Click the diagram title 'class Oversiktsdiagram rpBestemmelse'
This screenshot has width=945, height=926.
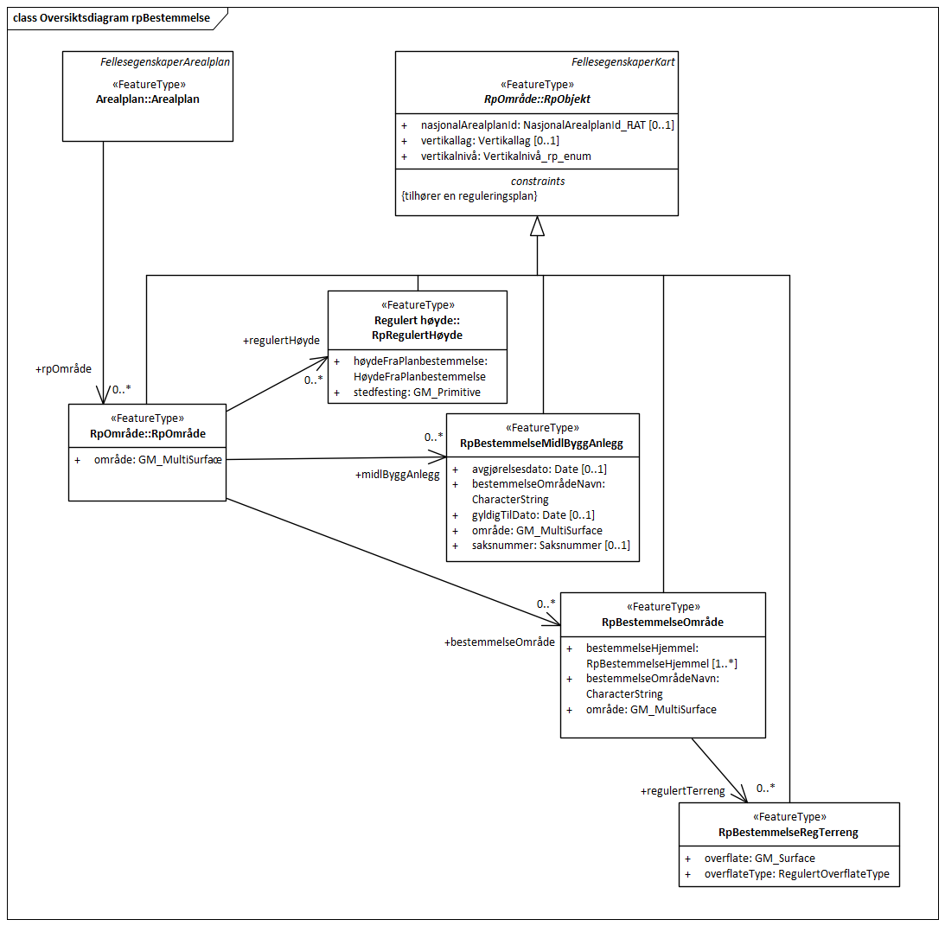click(112, 17)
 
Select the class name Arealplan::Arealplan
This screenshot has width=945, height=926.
click(147, 99)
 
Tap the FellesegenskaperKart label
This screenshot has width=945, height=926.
click(623, 62)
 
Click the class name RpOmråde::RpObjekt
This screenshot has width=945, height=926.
click(537, 99)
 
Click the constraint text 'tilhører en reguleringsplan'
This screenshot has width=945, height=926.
click(469, 196)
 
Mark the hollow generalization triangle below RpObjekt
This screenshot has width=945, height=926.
click(537, 226)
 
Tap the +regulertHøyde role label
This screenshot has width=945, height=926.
click(275, 342)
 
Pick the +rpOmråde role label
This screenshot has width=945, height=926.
click(63, 369)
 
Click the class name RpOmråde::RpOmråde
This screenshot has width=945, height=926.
click(147, 433)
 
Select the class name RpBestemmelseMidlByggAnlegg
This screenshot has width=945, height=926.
click(542, 444)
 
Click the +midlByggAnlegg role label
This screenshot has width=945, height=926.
click(397, 475)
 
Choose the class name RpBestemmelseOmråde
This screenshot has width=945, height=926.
click(662, 622)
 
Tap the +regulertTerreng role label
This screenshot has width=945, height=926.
click(682, 791)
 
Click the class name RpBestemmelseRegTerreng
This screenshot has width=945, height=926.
click(789, 832)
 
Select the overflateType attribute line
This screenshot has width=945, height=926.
click(796, 874)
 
